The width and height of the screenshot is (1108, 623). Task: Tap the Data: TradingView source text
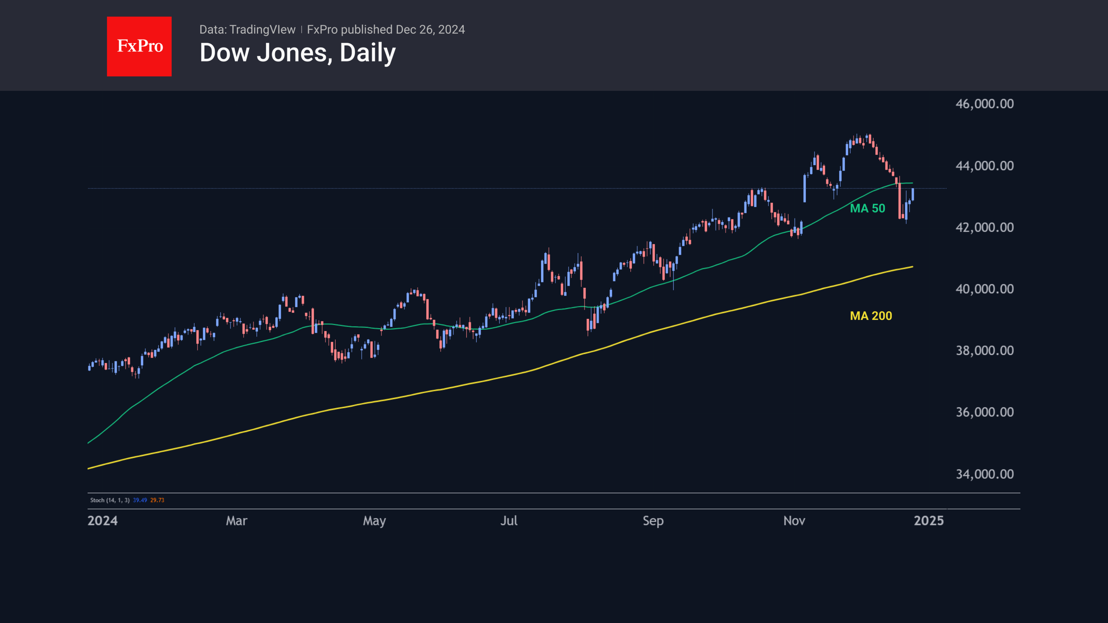[x=247, y=30]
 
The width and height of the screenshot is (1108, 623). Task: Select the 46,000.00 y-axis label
[x=984, y=104]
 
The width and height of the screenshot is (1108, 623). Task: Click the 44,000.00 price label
[x=984, y=166]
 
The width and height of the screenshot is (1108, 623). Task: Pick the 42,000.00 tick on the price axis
[x=984, y=228]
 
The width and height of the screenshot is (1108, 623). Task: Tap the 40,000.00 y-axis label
[x=984, y=289]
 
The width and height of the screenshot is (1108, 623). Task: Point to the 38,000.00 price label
[x=984, y=351]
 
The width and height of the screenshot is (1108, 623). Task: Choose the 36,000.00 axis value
[x=984, y=412]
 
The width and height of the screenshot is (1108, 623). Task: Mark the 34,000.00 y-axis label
[x=984, y=474]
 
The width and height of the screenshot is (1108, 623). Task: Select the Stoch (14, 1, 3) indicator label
[x=110, y=500]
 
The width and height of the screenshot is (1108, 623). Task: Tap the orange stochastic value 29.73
[x=157, y=500]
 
